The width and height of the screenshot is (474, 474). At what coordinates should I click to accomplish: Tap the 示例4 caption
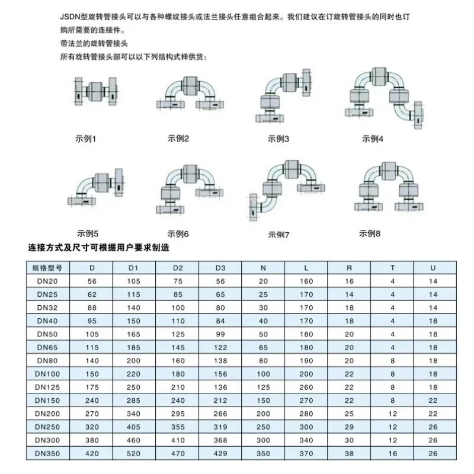[x=373, y=139]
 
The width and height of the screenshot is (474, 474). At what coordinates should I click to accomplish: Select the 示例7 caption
[x=278, y=235]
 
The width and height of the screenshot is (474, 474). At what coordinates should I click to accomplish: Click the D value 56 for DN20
[x=92, y=281]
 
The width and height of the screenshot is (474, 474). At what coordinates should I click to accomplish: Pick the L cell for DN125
[x=306, y=387]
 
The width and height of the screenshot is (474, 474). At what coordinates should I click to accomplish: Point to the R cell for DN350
[x=349, y=453]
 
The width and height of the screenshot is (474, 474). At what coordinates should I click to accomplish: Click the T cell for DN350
[x=392, y=453]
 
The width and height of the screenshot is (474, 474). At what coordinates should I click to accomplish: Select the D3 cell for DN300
[x=220, y=440]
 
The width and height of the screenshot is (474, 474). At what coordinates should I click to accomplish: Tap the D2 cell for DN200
[x=178, y=414]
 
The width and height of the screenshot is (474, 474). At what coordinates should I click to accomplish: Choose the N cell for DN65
[x=264, y=347]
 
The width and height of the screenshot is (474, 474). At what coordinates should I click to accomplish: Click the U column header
[x=433, y=268]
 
